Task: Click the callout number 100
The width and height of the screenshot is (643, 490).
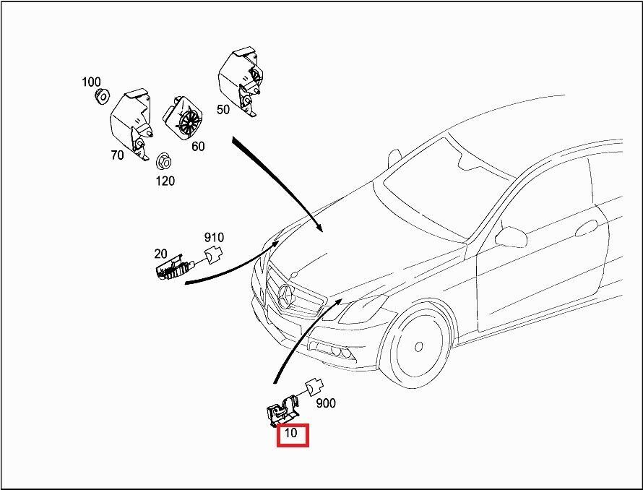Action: point(91,82)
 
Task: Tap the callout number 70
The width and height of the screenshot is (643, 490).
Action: point(118,154)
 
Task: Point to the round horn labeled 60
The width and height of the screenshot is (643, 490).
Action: point(186,117)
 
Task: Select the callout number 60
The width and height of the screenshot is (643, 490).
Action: point(198,147)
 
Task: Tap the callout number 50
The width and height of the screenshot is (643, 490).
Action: point(223,110)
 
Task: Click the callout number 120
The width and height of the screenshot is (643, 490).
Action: point(165,181)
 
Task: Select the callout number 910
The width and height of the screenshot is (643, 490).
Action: point(214,237)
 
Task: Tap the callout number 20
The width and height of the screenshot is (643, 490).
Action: point(160,254)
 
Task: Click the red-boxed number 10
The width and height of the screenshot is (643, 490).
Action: point(292,434)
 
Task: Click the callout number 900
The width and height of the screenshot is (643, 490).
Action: point(326,403)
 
